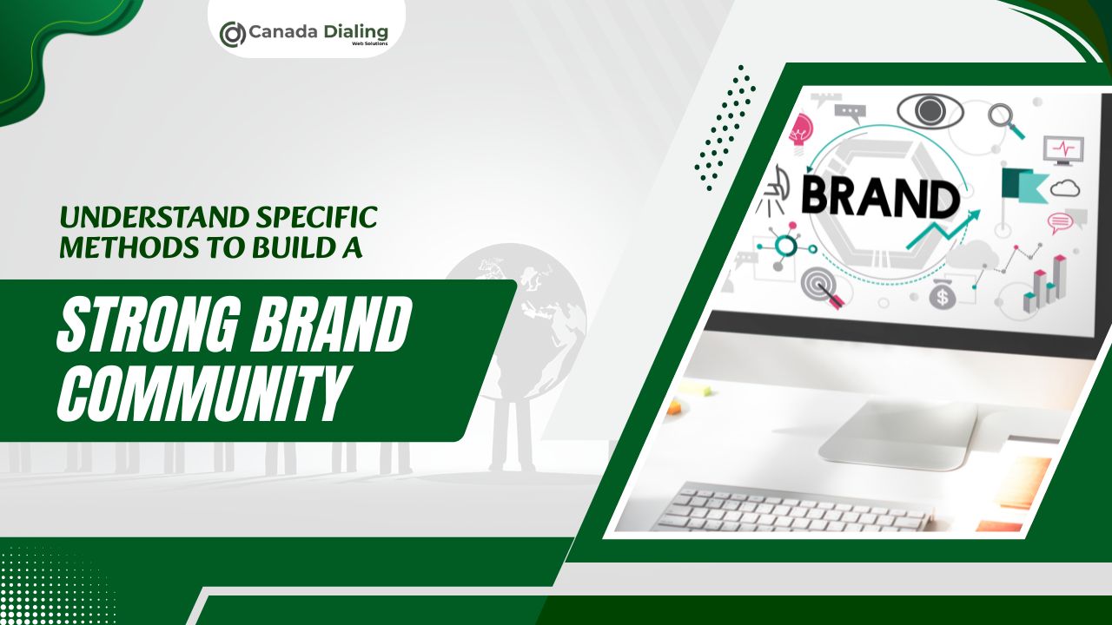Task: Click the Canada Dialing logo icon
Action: (232, 34)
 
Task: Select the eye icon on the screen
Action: (930, 110)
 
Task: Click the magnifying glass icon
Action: (1005, 119)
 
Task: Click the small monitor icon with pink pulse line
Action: (1063, 149)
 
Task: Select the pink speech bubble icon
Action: (1061, 222)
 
